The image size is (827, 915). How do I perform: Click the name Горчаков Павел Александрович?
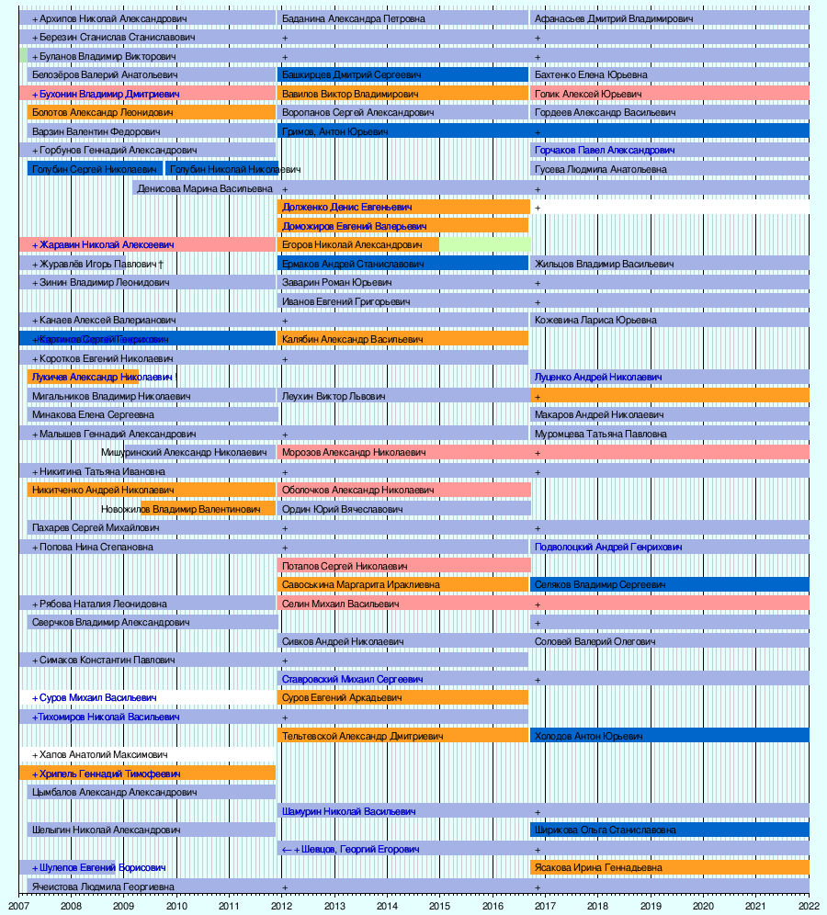coord(605,151)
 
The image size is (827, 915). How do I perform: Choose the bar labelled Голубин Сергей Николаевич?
coord(95,170)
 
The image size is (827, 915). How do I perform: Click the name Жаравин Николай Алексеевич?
coord(107,245)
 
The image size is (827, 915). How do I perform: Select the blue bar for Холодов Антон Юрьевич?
coord(669,737)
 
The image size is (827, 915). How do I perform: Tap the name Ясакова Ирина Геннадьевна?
coord(598,868)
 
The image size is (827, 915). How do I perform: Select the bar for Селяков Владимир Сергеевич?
coord(669,585)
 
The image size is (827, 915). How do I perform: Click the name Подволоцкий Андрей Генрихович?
coord(608,548)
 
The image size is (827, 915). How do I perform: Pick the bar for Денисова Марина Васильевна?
coord(204,189)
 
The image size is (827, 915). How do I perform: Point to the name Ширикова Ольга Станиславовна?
coord(606,830)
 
